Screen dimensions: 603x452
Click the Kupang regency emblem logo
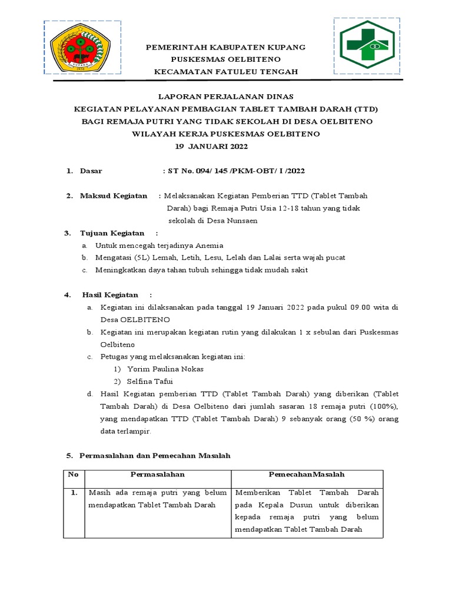[82, 48]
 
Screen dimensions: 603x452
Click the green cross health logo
[367, 47]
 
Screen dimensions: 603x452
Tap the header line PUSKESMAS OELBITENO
[225, 59]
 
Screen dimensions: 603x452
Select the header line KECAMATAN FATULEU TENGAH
[226, 72]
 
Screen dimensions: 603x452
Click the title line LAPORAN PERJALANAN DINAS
[227, 96]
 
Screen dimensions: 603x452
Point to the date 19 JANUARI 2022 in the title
[213, 145]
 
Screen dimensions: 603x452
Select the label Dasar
[91, 171]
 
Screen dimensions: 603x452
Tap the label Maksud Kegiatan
[114, 196]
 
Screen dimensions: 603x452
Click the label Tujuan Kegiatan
[112, 233]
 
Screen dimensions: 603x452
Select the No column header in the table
[74, 475]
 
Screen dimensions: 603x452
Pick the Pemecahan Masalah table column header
[307, 475]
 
